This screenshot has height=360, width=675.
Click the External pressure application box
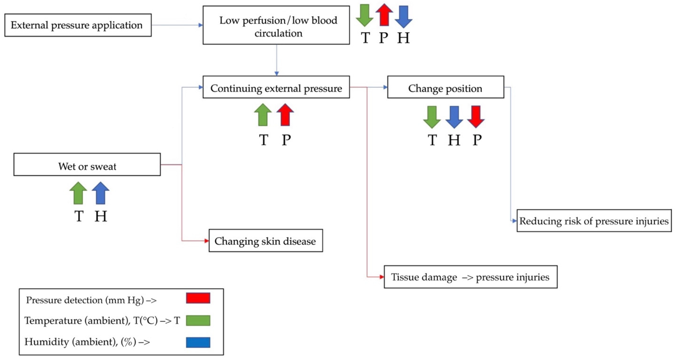click(x=78, y=25)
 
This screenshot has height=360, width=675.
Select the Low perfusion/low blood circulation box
click(x=276, y=25)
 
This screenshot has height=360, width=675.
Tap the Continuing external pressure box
click(x=276, y=87)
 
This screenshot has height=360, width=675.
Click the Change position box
click(x=445, y=87)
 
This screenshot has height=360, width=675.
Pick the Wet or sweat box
click(x=87, y=165)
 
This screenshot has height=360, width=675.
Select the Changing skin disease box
click(x=265, y=241)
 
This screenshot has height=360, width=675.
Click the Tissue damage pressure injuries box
click(x=470, y=277)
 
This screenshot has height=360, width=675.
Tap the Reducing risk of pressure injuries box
click(x=594, y=221)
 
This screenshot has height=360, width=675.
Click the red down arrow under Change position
click(x=476, y=117)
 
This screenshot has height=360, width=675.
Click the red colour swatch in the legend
click(x=198, y=298)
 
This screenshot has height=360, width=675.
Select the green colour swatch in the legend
click(x=198, y=321)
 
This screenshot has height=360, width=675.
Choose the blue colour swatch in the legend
click(x=198, y=342)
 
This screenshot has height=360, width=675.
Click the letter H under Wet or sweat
click(x=101, y=216)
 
